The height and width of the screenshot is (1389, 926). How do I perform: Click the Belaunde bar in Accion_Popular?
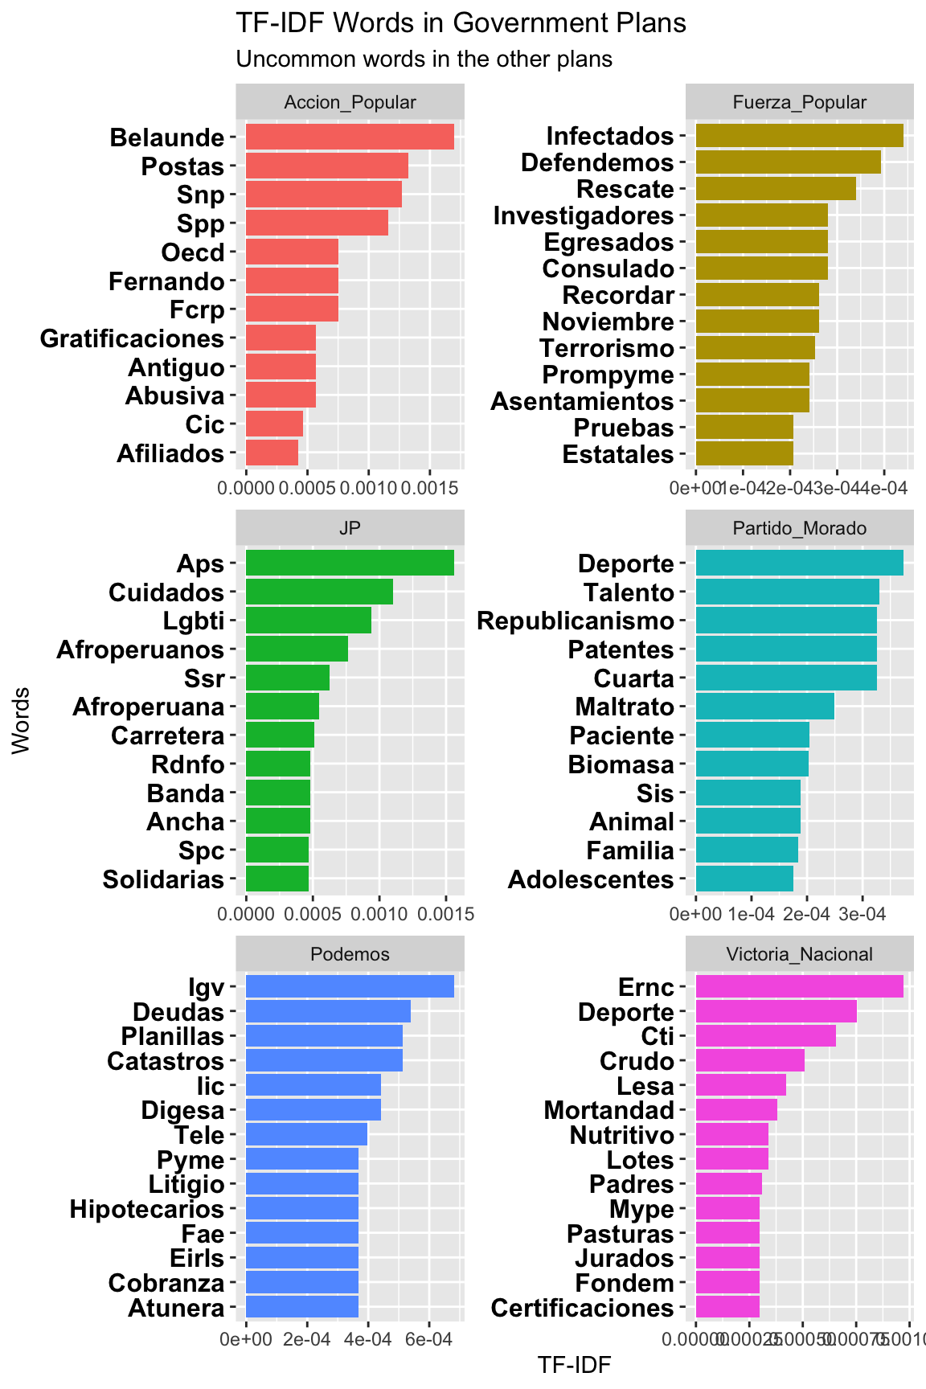(x=350, y=137)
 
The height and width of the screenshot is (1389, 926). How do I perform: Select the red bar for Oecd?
(x=292, y=252)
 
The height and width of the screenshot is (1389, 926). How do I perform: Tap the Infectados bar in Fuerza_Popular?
(x=799, y=136)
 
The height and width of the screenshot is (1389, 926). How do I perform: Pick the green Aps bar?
(x=350, y=563)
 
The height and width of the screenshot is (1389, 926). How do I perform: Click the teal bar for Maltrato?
(x=764, y=707)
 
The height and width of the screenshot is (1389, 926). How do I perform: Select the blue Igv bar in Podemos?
(x=350, y=987)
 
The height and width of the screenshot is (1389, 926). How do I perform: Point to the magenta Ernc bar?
(x=799, y=987)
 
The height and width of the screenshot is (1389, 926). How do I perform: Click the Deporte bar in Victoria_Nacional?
(x=776, y=1012)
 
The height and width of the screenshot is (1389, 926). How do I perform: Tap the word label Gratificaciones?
(x=133, y=338)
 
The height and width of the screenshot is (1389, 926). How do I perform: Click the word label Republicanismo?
(x=576, y=621)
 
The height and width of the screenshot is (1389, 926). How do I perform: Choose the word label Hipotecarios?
(x=147, y=1209)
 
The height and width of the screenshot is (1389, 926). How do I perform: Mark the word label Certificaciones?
(x=582, y=1308)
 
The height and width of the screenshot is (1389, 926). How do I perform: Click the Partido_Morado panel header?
(x=800, y=528)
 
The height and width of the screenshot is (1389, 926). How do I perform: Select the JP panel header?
(x=350, y=528)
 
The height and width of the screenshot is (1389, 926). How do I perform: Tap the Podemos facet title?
(x=350, y=954)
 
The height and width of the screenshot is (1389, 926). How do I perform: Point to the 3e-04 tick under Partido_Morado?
(x=862, y=914)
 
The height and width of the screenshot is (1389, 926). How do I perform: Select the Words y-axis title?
(x=22, y=719)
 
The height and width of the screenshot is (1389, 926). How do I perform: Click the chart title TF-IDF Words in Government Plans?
(x=461, y=23)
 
